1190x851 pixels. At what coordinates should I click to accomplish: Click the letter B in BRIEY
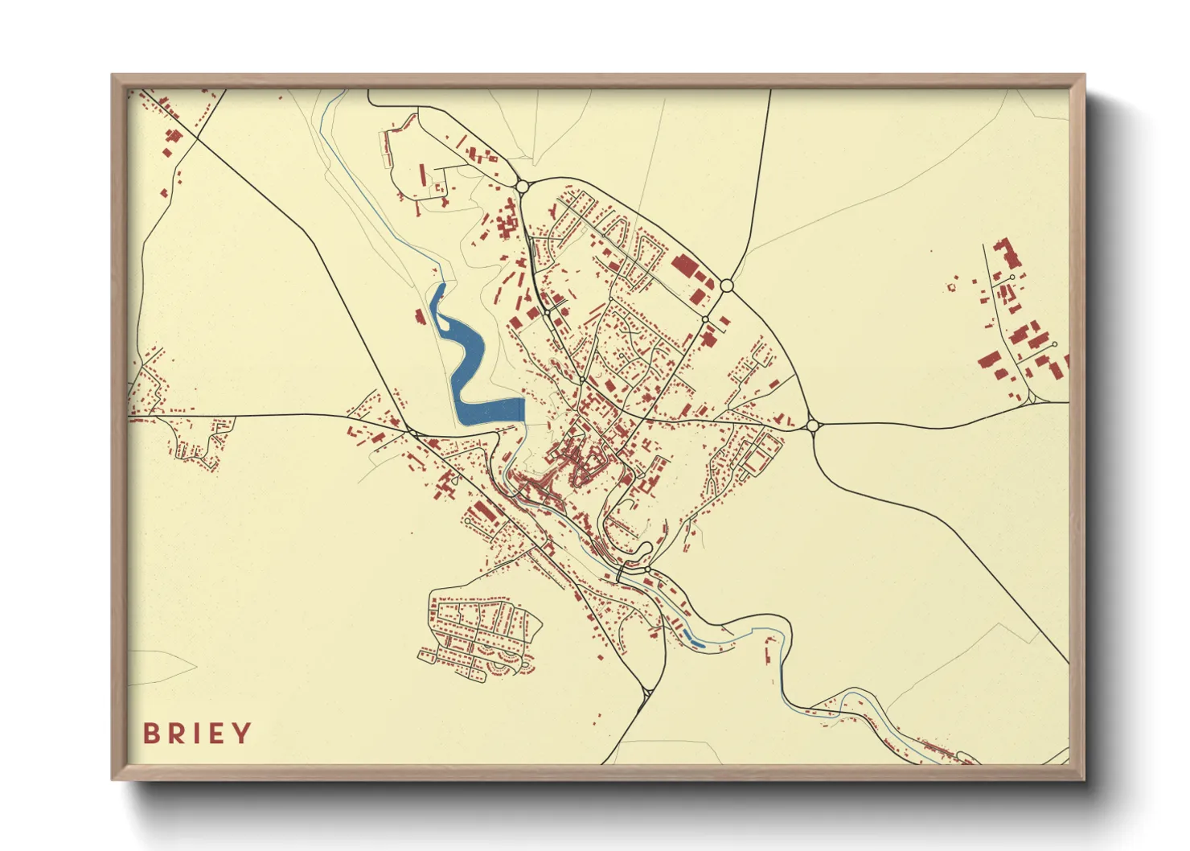(x=150, y=733)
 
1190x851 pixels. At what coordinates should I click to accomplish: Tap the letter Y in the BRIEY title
(x=242, y=733)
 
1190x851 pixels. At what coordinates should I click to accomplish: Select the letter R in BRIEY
(x=174, y=733)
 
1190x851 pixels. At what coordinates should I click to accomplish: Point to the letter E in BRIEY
(x=218, y=733)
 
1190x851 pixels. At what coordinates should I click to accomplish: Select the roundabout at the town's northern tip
(x=522, y=187)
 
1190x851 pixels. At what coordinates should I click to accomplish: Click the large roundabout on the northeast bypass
(x=727, y=286)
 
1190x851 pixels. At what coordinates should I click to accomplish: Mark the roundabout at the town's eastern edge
(x=812, y=425)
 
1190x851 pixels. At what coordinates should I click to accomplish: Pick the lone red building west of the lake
(x=418, y=317)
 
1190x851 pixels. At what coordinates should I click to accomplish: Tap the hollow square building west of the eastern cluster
(x=953, y=286)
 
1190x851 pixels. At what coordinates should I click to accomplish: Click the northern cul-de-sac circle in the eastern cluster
(x=1012, y=277)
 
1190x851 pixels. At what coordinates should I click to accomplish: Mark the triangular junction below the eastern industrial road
(x=1031, y=397)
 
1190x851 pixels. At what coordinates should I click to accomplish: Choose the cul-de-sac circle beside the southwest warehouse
(x=466, y=521)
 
